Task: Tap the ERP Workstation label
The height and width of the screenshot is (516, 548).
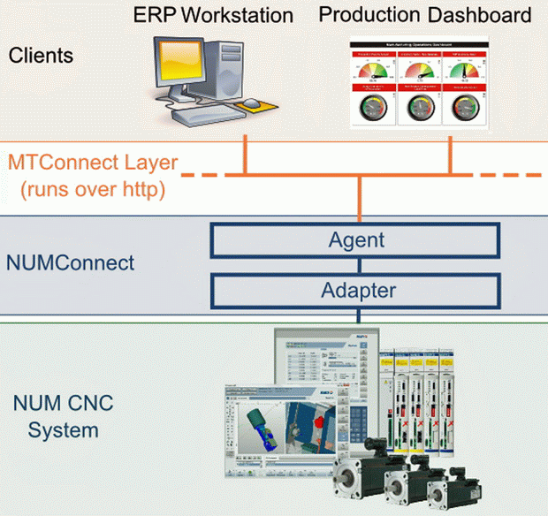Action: pyautogui.click(x=213, y=15)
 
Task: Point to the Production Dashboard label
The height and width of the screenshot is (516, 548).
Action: pyautogui.click(x=424, y=15)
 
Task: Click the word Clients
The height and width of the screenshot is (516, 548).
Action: pyautogui.click(x=41, y=56)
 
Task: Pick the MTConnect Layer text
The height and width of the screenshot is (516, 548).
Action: pyautogui.click(x=93, y=163)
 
